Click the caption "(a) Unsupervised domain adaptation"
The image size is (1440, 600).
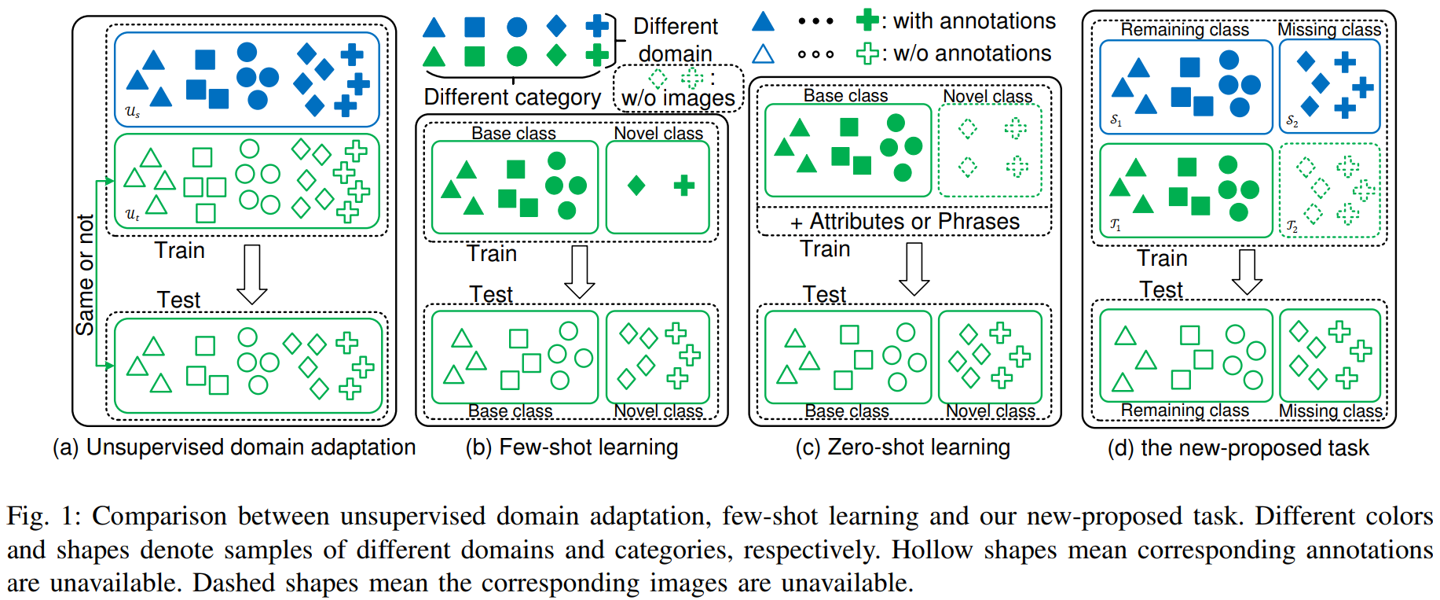click(233, 447)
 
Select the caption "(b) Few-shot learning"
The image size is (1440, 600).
click(571, 447)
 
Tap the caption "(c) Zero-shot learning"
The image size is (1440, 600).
click(902, 447)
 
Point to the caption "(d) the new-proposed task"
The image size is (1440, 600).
click(1237, 448)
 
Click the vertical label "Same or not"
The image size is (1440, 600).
click(85, 274)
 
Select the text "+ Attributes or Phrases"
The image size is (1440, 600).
click(904, 222)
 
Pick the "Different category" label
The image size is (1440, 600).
click(512, 98)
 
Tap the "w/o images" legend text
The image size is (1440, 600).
click(678, 98)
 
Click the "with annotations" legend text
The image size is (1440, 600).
click(974, 21)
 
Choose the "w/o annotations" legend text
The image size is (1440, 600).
click(972, 53)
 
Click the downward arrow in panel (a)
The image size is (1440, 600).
click(252, 274)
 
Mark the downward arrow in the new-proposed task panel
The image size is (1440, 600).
click(1247, 271)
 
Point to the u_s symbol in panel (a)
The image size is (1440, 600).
click(133, 112)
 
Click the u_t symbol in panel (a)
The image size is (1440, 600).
click(133, 214)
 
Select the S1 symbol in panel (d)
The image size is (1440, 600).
click(1116, 120)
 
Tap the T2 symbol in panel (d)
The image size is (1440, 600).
click(1292, 226)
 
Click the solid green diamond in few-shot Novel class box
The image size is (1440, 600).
click(636, 186)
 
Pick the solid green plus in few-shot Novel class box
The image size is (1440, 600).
click(684, 186)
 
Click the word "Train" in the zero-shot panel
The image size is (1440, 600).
click(825, 249)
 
